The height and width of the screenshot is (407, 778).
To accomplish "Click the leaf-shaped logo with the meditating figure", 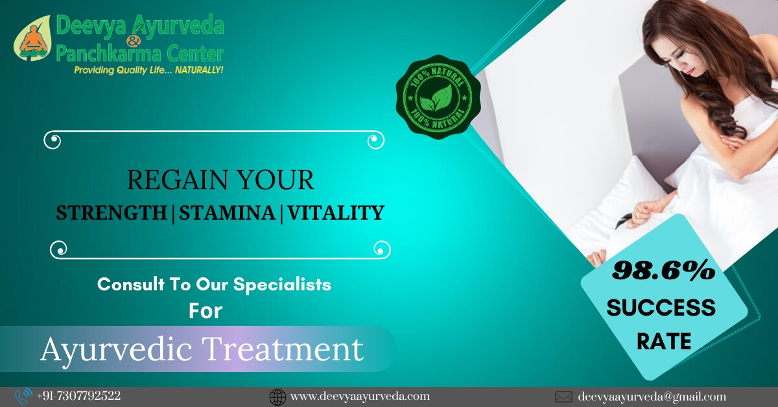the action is click(x=32, y=38).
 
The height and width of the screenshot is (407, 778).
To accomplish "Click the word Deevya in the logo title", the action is click(x=90, y=25).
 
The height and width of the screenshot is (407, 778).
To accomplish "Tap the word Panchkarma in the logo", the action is click(x=108, y=54).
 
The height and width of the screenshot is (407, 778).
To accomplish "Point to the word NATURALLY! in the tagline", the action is click(x=198, y=70).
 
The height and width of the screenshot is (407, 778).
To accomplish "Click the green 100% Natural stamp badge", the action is click(x=438, y=97).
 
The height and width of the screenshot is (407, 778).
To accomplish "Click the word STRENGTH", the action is click(x=112, y=213).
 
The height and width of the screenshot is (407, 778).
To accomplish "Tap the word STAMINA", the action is click(x=227, y=213).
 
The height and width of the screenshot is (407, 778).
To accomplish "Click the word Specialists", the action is click(x=282, y=285).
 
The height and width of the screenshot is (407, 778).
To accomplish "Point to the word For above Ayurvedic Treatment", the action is click(x=206, y=311).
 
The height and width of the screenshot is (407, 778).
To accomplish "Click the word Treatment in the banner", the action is click(x=283, y=349).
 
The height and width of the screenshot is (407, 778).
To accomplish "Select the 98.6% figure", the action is click(x=664, y=270).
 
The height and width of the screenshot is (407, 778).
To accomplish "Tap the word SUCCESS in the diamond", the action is click(x=661, y=308).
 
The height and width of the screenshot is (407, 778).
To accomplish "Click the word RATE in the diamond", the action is click(x=664, y=341).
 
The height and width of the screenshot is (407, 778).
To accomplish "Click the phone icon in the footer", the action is click(x=23, y=397).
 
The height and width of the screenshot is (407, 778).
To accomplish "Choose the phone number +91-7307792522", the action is click(x=79, y=396).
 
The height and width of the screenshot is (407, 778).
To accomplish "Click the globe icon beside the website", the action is click(x=277, y=397).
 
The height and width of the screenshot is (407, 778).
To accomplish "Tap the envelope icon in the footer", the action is click(x=563, y=397).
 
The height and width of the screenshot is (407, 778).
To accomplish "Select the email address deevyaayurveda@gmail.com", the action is click(x=652, y=397).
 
